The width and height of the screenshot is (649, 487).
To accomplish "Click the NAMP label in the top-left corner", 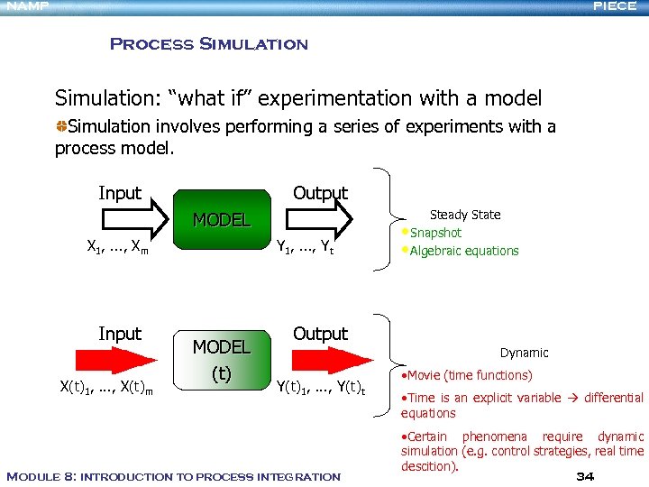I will pos(24,6).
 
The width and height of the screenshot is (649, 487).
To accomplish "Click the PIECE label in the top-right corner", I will pos(615,6).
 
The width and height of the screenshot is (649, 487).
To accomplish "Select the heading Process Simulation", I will pos(208,44).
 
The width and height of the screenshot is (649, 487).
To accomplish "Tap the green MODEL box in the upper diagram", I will pos(222,219).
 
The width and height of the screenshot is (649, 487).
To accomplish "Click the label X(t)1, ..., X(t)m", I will pos(105,389).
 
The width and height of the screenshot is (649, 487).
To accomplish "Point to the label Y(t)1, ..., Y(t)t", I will pos(320,389).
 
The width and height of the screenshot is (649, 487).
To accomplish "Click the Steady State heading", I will pos(465,215).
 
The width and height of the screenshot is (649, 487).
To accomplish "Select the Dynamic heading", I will pos(524,353).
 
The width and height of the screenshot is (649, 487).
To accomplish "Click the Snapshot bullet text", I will pos(435,233).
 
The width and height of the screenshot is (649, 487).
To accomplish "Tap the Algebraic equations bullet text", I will pos(464,251).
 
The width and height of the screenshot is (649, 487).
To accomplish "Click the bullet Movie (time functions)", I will pos(469,375).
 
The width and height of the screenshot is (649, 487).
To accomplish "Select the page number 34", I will pos(584,476).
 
